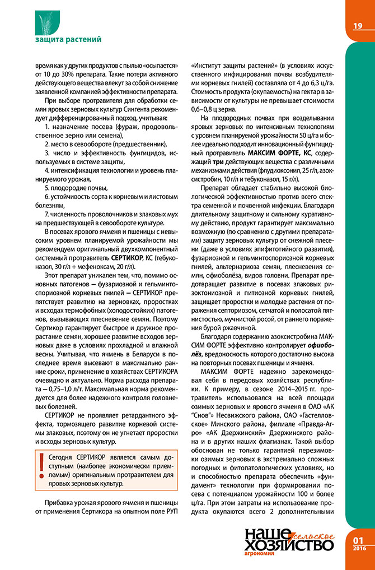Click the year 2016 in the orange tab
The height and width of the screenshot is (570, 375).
click(359, 548)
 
